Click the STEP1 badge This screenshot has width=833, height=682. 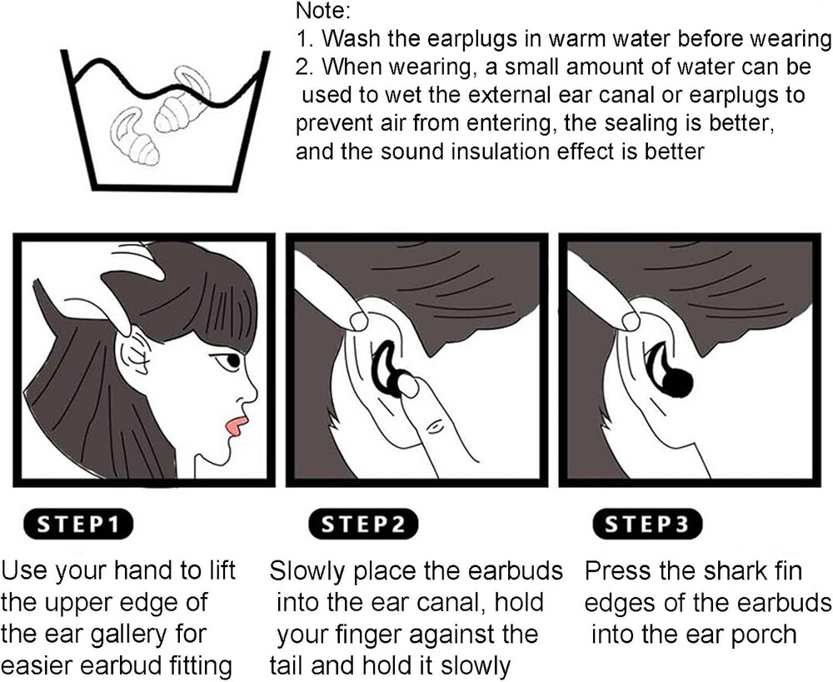click(x=78, y=524)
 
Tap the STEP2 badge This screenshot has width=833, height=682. click(x=363, y=524)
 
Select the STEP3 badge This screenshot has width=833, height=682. click(x=647, y=524)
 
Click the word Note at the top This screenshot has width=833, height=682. click(x=322, y=11)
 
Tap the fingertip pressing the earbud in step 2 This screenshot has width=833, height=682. click(x=408, y=386)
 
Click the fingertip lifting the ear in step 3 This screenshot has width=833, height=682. click(x=631, y=321)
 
